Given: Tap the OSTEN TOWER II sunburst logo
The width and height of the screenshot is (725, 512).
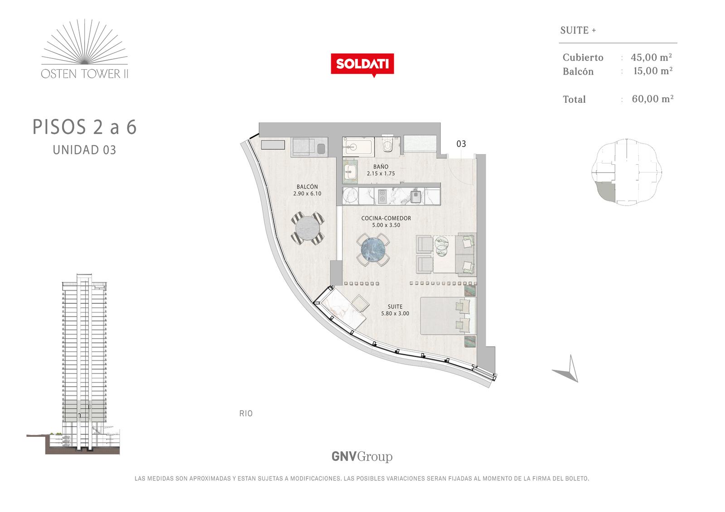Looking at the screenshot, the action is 84,48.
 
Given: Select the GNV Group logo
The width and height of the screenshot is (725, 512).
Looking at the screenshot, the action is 362,457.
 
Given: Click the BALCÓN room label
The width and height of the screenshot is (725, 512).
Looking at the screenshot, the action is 307,187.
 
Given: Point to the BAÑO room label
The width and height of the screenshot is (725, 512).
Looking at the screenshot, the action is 381,167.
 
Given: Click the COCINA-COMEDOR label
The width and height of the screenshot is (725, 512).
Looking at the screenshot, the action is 386,218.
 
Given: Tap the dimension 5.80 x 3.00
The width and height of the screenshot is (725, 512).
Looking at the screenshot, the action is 395,313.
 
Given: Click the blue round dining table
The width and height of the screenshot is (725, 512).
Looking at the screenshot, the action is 373,250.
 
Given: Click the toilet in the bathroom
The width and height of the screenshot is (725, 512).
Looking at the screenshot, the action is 387,144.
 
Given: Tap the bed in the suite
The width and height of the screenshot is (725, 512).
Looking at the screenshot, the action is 448,316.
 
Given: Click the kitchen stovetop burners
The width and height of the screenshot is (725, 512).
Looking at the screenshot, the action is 382,196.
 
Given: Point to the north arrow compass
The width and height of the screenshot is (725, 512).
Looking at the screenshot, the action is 567,369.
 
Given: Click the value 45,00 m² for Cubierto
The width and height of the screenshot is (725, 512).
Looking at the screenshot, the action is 651,57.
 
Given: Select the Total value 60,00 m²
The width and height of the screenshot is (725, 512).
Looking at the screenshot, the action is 652,99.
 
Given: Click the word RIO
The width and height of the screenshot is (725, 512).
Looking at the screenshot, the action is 246,413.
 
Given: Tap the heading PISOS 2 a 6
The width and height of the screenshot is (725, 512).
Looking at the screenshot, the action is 85,127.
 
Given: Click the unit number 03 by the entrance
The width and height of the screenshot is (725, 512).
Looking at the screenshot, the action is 461,144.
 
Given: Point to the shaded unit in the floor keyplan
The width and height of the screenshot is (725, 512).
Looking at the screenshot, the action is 606,191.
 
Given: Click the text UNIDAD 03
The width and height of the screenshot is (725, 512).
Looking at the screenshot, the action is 84,150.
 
